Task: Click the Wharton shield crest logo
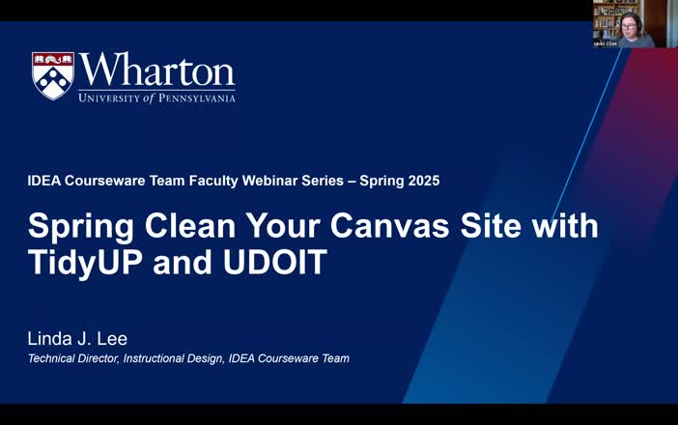click(53, 76)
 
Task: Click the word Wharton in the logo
click(156, 71)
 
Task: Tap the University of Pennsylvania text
click(156, 98)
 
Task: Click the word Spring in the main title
click(75, 227)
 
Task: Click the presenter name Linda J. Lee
click(77, 339)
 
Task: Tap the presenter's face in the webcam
click(629, 21)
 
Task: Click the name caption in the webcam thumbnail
click(606, 43)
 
